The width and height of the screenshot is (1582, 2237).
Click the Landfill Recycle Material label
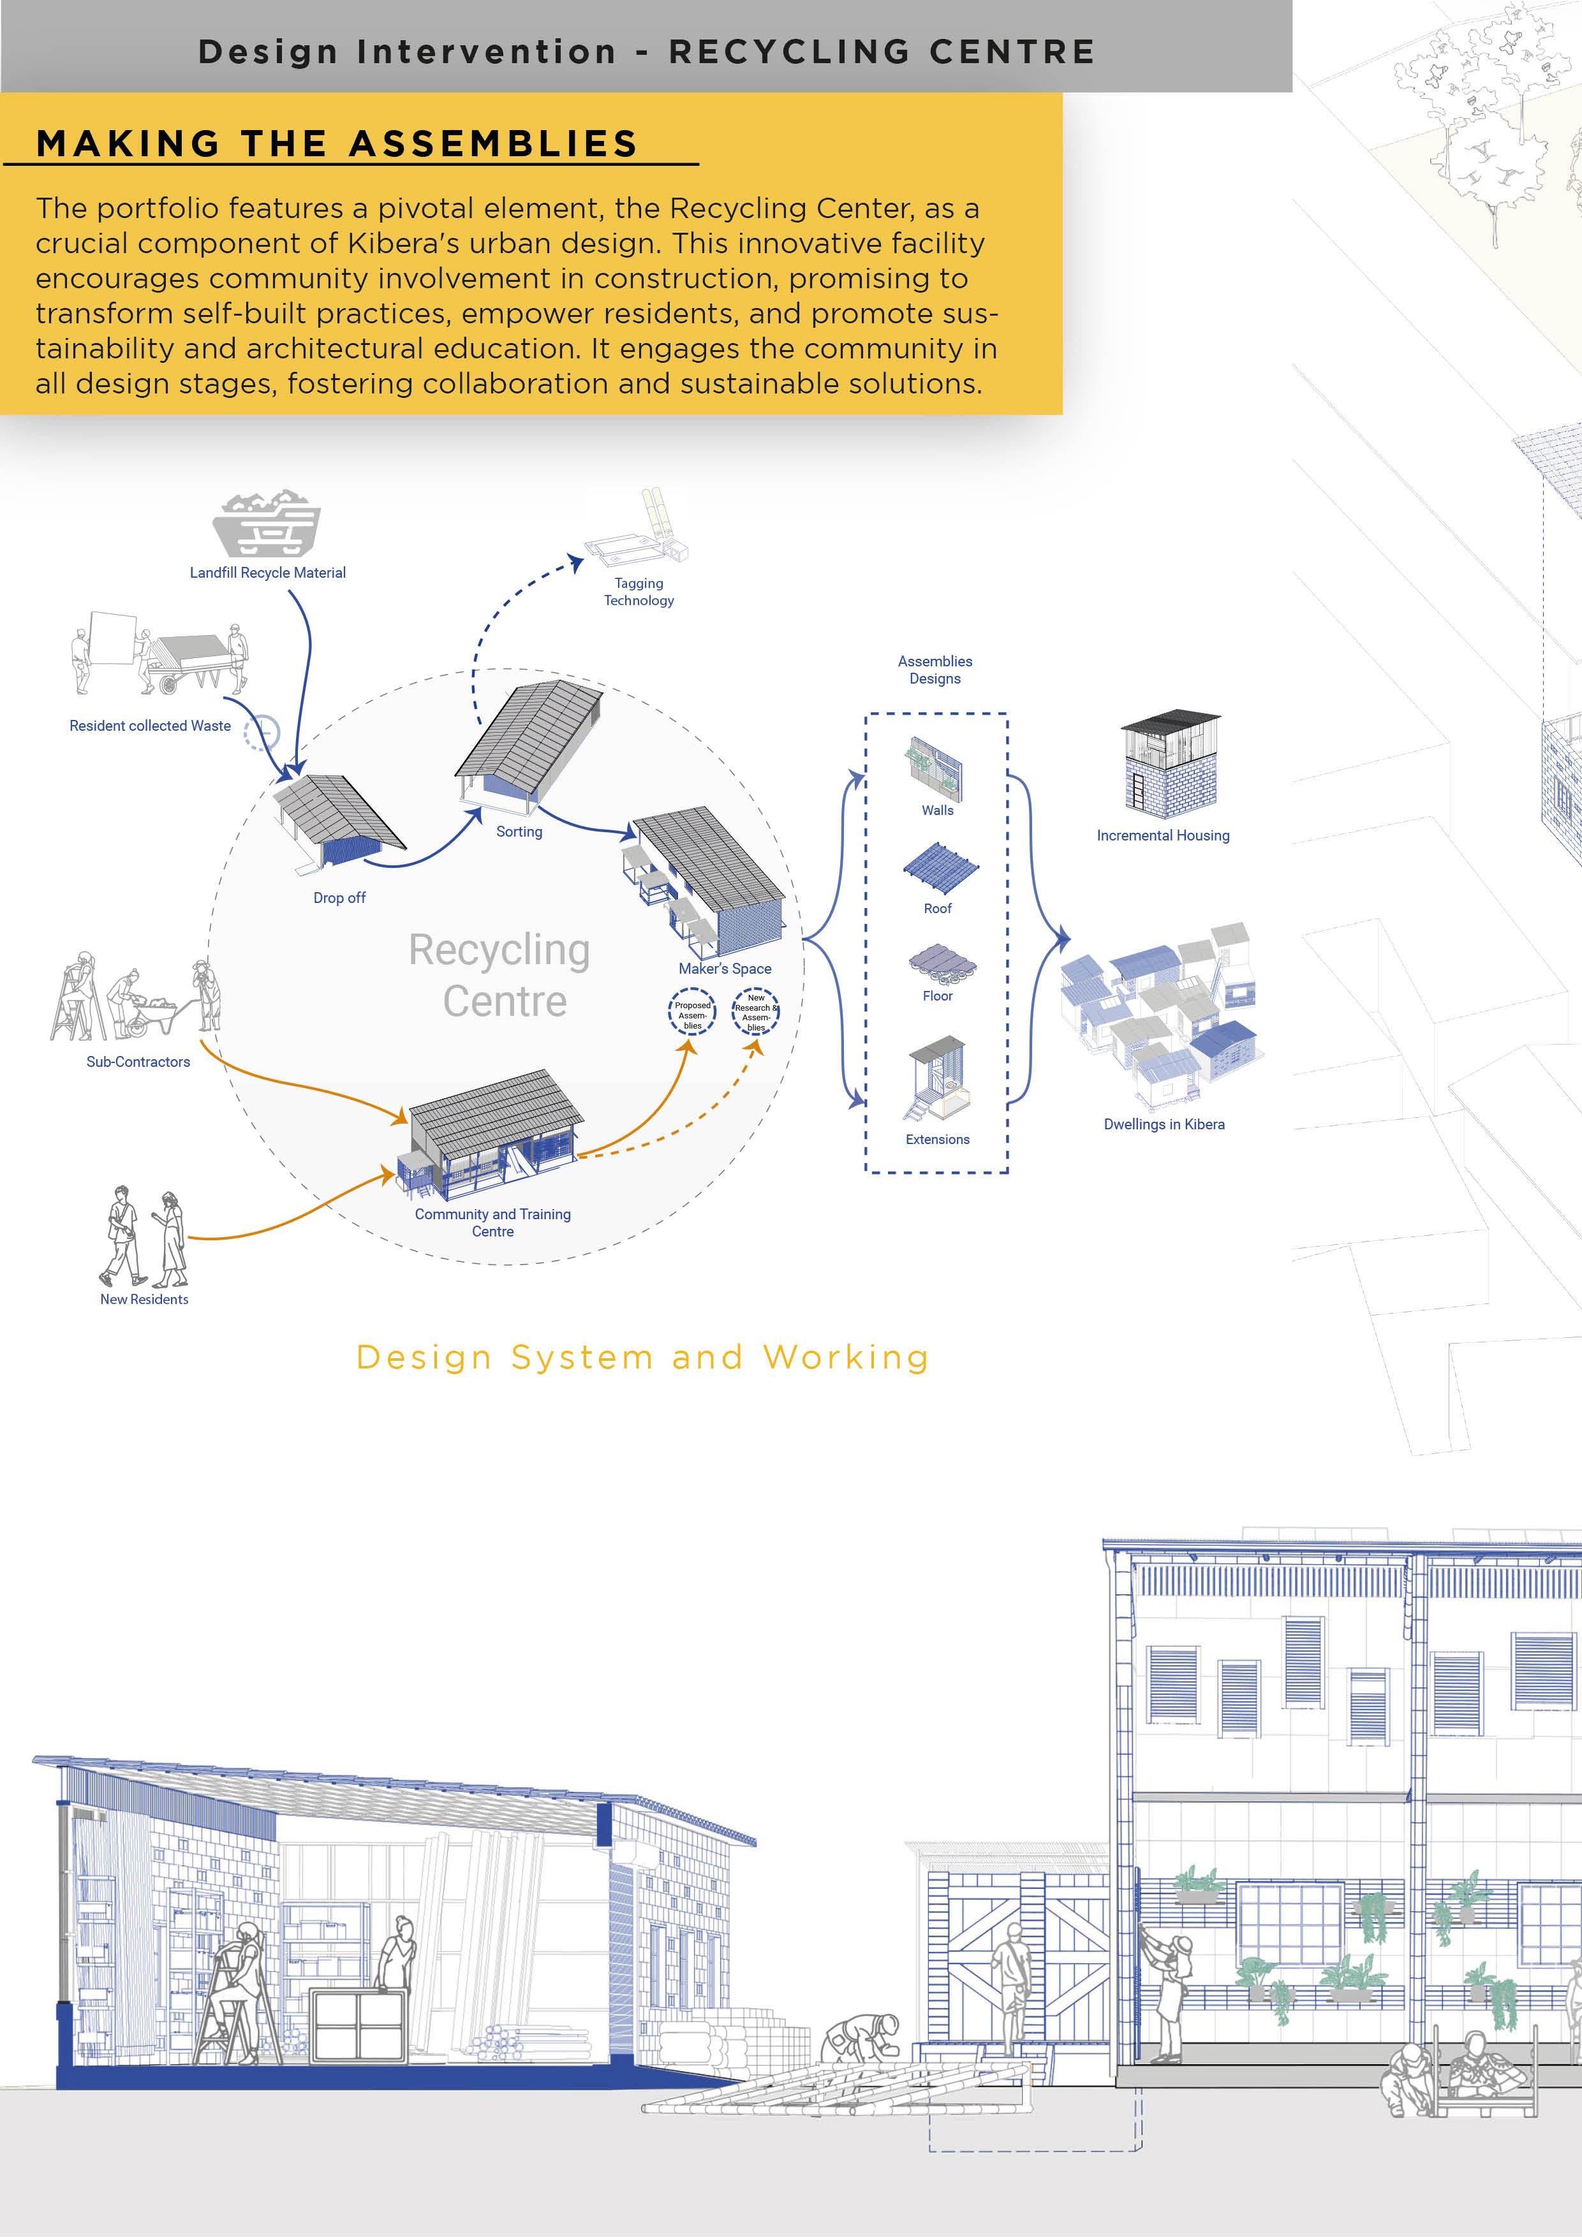pos(267,573)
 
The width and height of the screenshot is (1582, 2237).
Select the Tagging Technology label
pos(639,591)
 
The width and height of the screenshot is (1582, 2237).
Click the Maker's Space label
pos(724,969)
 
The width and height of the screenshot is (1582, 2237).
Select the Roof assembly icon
pos(938,867)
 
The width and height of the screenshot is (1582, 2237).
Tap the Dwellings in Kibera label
pos(1164,1124)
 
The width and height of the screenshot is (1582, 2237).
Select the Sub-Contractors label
pos(138,1062)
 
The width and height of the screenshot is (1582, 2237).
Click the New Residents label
pos(144,1300)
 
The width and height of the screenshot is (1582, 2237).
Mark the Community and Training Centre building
pos(492,1135)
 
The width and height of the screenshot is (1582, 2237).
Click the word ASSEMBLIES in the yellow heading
pos(492,143)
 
